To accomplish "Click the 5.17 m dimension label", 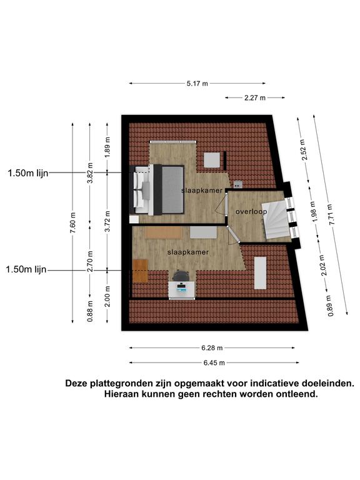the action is point(197,83).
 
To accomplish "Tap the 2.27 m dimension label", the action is point(255,98).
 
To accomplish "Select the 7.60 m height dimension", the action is point(72,222).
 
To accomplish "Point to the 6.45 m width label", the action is point(214,362).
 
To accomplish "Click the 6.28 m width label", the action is point(212,348).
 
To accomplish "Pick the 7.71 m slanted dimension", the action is point(331,214).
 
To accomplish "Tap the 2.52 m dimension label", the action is point(303,150).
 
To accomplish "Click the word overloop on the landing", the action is point(251,211).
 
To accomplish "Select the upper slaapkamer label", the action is point(202,191).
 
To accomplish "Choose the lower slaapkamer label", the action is point(188,252).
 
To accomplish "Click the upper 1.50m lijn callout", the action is point(28,173).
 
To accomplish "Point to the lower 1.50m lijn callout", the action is point(26,269).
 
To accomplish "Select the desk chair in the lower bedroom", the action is point(181,276).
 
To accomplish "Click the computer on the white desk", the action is point(181,287).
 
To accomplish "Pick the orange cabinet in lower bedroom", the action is point(141,271).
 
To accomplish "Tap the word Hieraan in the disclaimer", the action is point(121,394).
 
